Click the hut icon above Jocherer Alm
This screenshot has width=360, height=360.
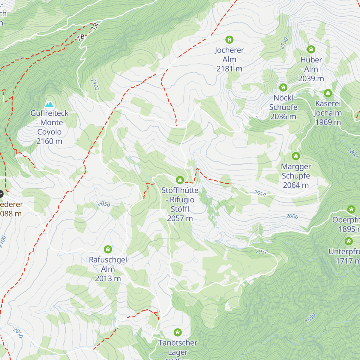tap(229, 40)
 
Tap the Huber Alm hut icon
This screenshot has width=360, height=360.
tap(311, 49)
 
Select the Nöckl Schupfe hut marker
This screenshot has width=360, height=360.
tap(283, 87)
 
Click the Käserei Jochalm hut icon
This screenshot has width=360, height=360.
tap(328, 93)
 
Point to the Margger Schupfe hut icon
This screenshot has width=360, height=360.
tap(296, 156)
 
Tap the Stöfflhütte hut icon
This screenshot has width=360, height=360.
tap(180, 180)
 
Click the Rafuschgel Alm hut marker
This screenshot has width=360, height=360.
tap(108, 249)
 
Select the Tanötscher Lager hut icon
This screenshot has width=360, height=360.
tap(178, 332)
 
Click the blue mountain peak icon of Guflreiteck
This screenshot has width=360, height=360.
tap(49, 104)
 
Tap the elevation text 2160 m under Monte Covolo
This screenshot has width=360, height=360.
tap(49, 141)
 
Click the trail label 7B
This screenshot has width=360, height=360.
tap(81, 37)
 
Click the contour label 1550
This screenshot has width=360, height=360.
tap(310, 318)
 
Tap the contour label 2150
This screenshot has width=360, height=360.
tap(283, 43)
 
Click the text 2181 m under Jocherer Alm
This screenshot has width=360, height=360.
tap(229, 69)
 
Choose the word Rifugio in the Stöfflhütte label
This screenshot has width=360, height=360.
tap(182, 200)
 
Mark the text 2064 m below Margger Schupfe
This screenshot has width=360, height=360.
tap(296, 185)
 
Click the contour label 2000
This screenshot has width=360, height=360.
tap(292, 216)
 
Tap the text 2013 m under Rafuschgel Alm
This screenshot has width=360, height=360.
tap(108, 279)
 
